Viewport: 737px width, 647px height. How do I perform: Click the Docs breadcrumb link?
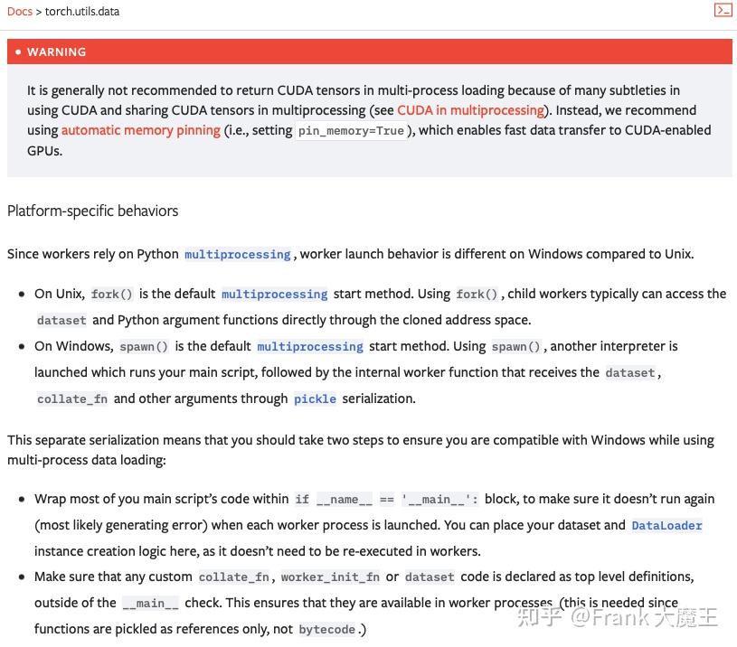click(x=19, y=12)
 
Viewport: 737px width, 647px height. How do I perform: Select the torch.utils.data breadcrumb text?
click(x=82, y=12)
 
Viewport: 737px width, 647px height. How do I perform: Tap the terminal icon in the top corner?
click(x=723, y=11)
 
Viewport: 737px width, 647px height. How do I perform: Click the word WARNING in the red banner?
click(x=56, y=52)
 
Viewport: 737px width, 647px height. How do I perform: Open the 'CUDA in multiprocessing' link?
click(x=470, y=110)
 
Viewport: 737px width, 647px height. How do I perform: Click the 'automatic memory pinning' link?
click(x=141, y=130)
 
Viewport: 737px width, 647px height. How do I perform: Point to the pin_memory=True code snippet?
click(x=352, y=131)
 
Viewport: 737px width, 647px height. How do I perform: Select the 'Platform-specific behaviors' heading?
click(x=92, y=211)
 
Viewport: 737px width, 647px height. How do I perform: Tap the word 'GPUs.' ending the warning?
click(x=44, y=150)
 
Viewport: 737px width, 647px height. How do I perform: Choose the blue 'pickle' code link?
click(x=315, y=399)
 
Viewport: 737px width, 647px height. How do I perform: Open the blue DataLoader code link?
click(x=666, y=526)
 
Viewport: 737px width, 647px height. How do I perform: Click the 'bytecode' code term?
click(x=326, y=630)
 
